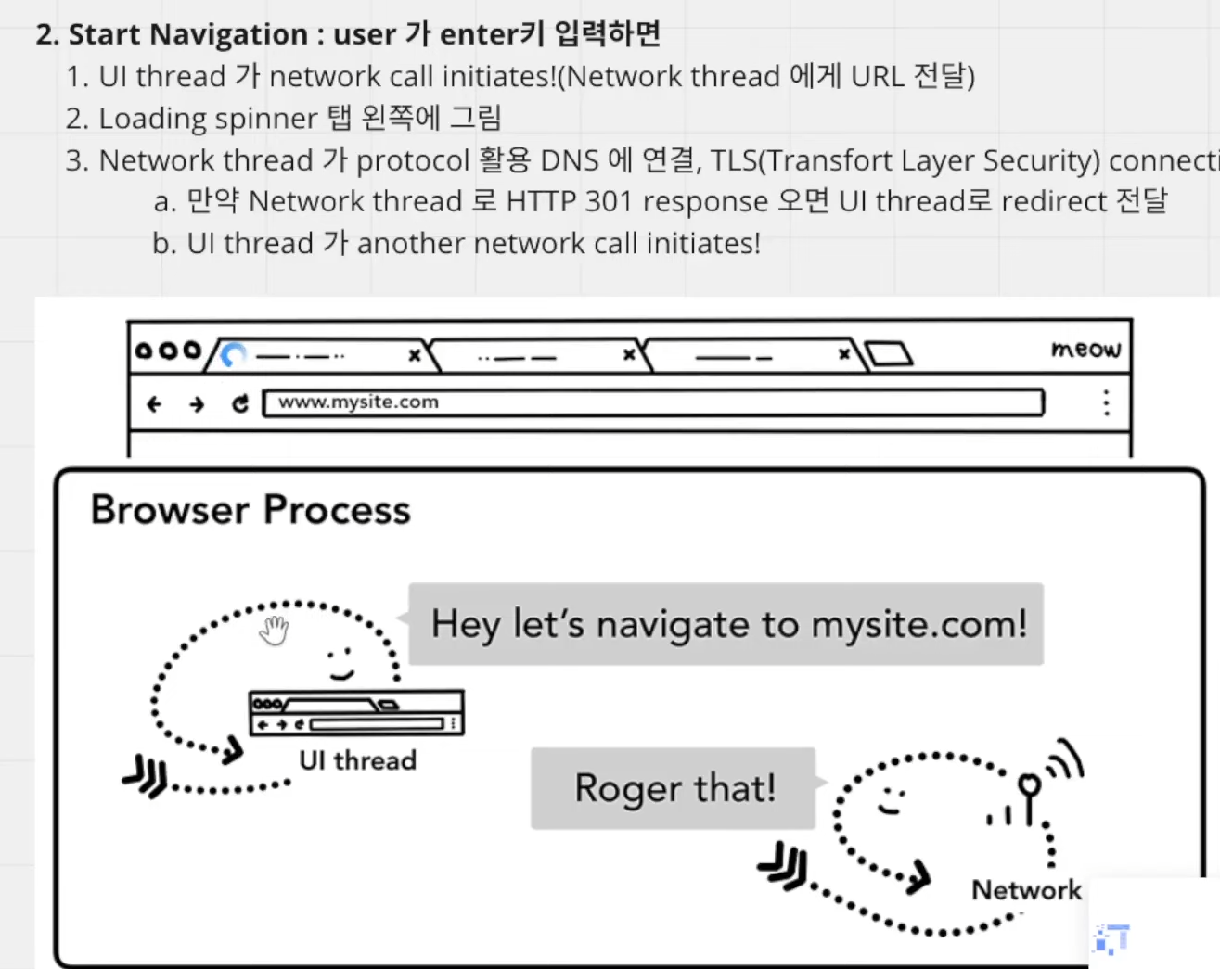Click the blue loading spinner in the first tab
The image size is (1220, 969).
coord(233,355)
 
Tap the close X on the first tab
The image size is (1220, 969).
coord(415,355)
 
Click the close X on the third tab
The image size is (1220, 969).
coord(844,354)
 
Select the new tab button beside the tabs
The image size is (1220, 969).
coord(889,354)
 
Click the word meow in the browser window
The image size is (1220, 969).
coord(1086,349)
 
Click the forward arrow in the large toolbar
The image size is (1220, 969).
coord(197,404)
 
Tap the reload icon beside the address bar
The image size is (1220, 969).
coord(240,404)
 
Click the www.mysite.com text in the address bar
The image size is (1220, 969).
coord(358,402)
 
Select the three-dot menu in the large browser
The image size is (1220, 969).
coord(1106,403)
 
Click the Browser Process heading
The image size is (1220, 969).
coord(250,510)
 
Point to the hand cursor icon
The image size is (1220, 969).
coord(275,631)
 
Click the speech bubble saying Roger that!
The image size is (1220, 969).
coord(674,788)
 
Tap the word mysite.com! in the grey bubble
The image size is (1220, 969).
coord(919,624)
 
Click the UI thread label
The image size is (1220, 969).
coord(358,760)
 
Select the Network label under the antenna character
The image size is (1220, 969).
coord(1027,889)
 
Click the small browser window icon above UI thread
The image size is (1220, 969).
coord(356,713)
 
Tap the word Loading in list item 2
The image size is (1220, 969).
coord(152,119)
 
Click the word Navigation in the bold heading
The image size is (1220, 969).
coord(229,34)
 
